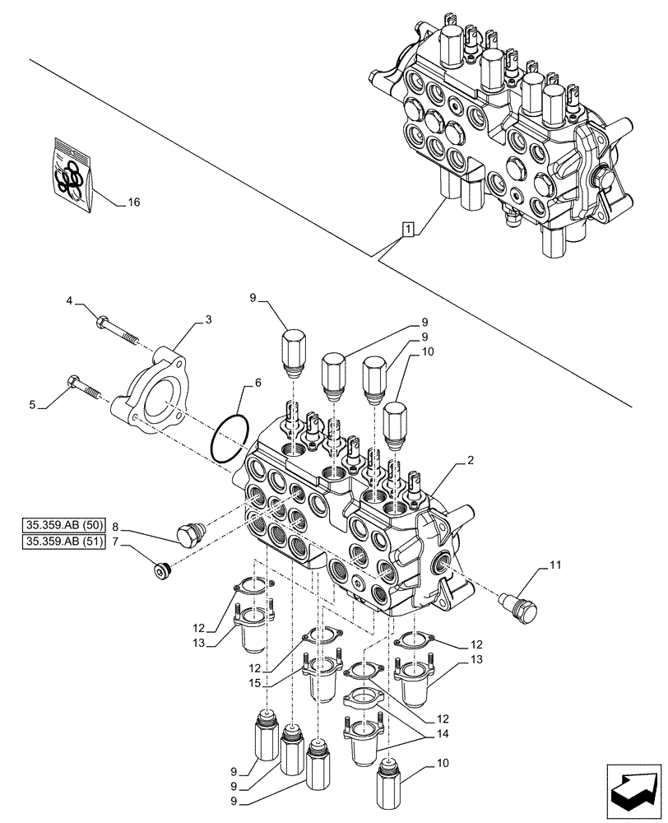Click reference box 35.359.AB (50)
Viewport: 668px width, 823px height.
tap(62, 524)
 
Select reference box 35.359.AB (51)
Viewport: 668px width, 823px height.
tap(62, 542)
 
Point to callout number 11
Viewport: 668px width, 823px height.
tap(555, 565)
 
